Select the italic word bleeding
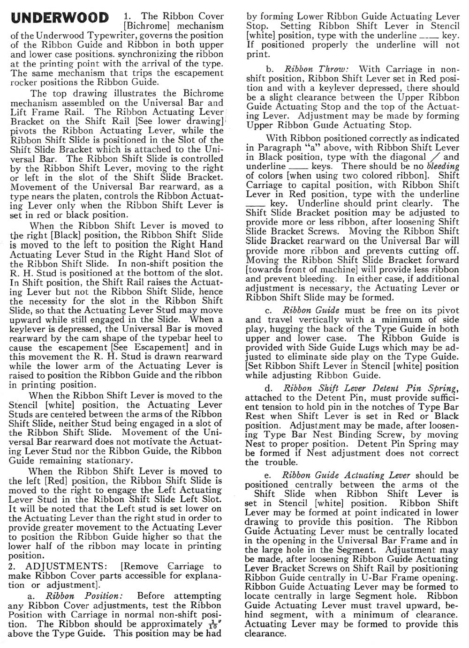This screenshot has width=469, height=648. [443, 166]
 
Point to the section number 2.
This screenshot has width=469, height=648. [13, 566]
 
